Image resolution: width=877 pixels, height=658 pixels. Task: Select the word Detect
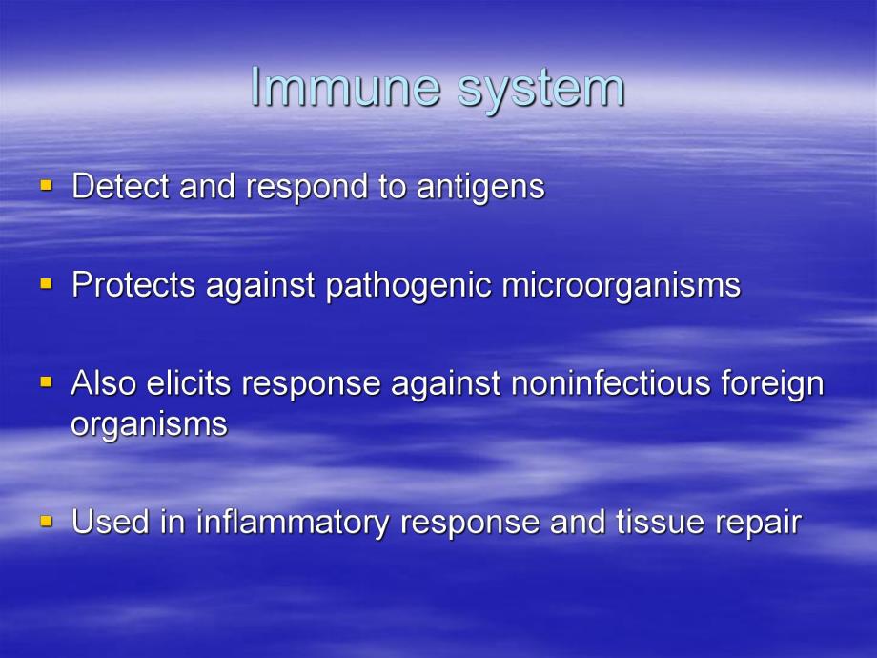click(121, 187)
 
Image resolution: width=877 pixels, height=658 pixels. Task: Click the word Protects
click(133, 285)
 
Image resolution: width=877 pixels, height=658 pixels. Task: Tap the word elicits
click(190, 383)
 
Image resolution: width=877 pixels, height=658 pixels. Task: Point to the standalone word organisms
click(149, 425)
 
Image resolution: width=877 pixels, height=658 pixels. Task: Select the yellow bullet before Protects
click(46, 283)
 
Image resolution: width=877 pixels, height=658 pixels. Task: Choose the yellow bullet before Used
click(46, 521)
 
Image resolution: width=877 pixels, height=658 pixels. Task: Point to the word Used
click(107, 523)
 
